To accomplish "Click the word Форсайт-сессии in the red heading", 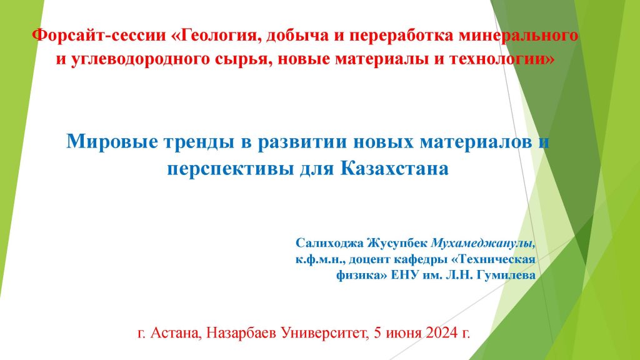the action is pyautogui.click(x=99, y=36).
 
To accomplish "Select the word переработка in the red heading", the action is pyautogui.click(x=401, y=36).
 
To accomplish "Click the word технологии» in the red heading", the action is pyautogui.click(x=502, y=59).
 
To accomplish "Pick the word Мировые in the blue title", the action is pyautogui.click(x=112, y=142).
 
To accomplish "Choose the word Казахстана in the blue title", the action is pyautogui.click(x=394, y=168).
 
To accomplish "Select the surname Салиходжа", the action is pyautogui.click(x=329, y=243).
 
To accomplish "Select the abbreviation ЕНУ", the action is pyautogui.click(x=405, y=276).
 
